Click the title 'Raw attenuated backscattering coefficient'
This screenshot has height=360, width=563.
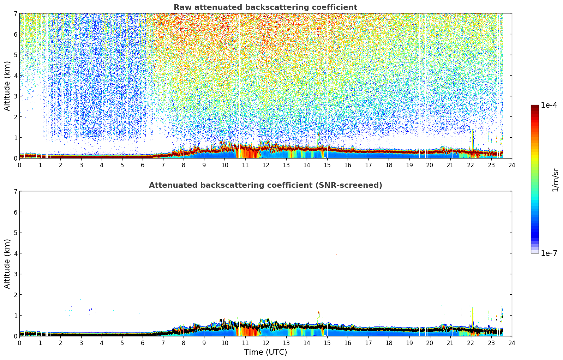click(x=265, y=7)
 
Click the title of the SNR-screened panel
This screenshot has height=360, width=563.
click(x=265, y=185)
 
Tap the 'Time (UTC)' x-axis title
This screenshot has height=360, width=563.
click(x=265, y=352)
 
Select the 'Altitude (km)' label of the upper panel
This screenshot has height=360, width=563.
click(x=7, y=86)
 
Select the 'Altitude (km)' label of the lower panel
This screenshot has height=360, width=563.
click(x=7, y=264)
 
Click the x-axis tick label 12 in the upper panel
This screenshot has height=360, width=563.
click(x=266, y=165)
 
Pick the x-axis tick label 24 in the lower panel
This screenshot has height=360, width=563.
click(x=512, y=343)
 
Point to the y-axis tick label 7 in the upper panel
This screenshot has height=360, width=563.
click(x=16, y=13)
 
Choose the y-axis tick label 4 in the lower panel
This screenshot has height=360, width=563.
click(x=16, y=253)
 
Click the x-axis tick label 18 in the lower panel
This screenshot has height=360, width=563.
click(x=389, y=343)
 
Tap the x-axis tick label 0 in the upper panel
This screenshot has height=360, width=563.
click(x=20, y=165)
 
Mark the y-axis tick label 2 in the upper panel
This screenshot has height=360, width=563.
click(x=16, y=117)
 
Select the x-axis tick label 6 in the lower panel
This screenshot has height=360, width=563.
click(x=143, y=343)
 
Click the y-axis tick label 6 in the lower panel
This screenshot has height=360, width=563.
click(x=16, y=212)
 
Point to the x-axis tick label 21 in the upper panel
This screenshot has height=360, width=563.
click(x=450, y=165)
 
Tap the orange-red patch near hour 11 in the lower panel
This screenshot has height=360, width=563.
click(x=248, y=329)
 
